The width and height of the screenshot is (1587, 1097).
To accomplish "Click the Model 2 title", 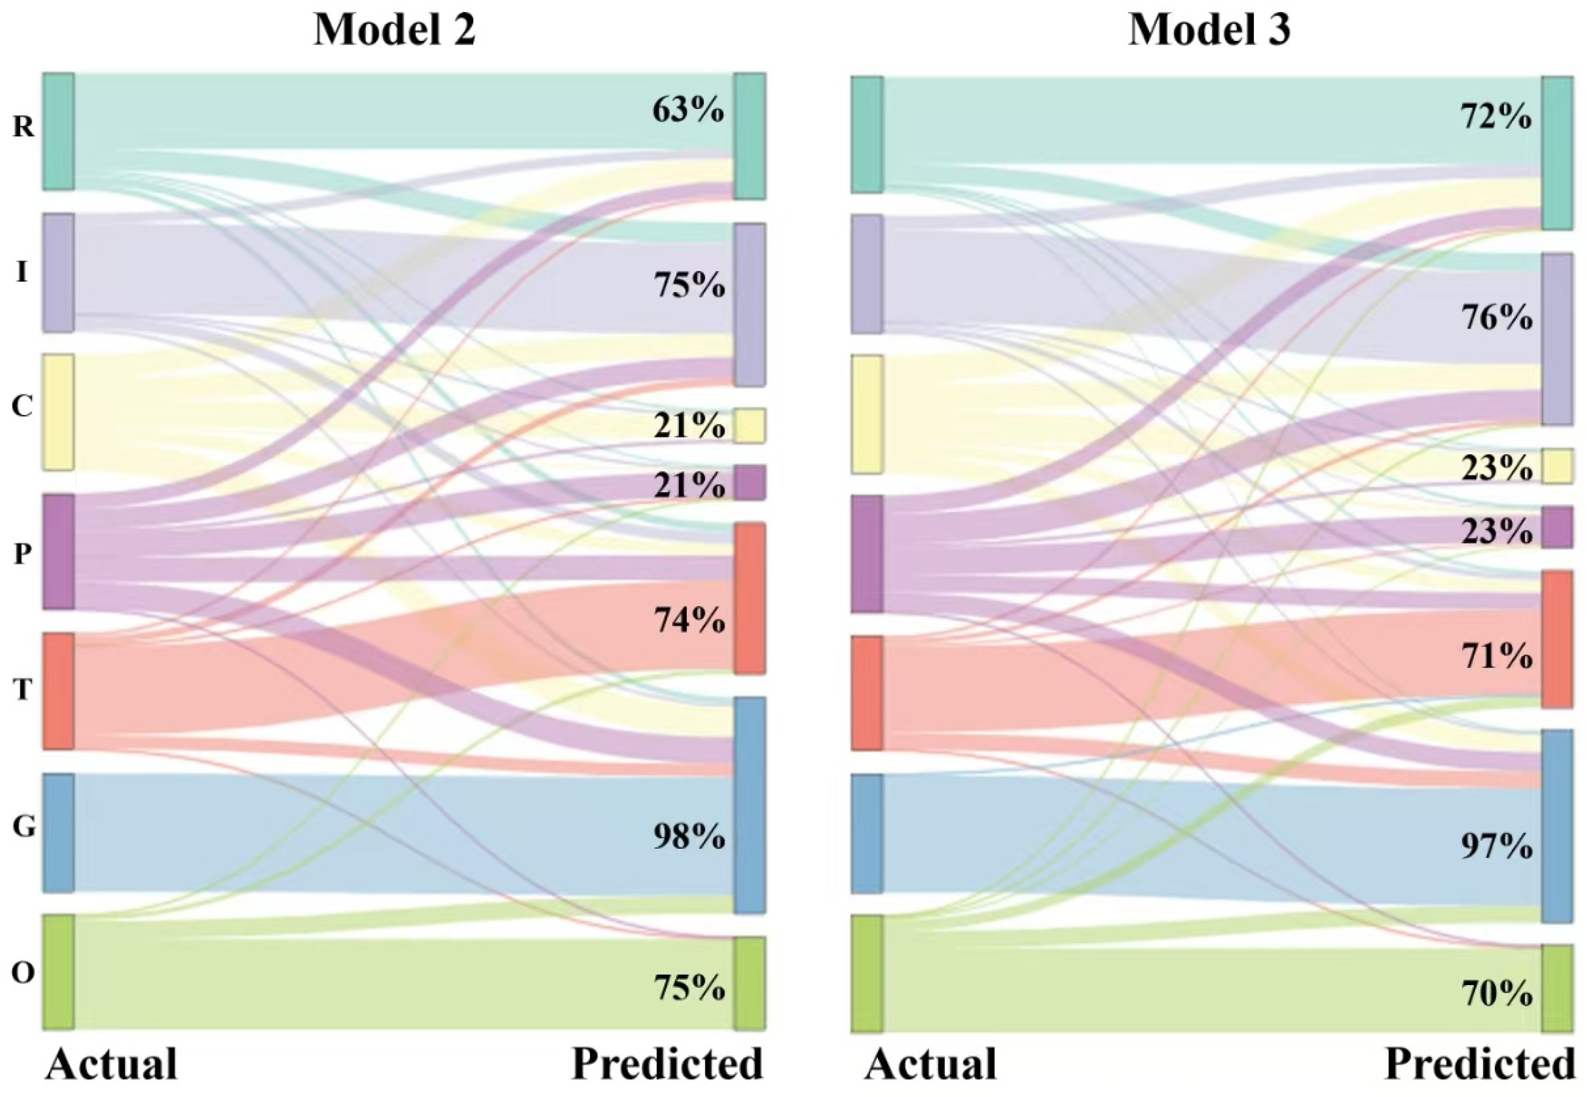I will pos(394,30).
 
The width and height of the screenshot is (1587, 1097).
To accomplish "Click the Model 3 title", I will pos(1209,30).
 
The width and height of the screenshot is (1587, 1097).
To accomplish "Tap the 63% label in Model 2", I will pos(688,110).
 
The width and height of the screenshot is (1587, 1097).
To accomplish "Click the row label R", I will pos(23,126).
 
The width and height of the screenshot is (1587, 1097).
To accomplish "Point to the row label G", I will pos(23,827).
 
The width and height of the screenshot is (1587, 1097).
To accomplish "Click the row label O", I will pos(23,973).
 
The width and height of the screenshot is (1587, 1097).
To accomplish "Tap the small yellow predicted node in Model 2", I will pos(749,425).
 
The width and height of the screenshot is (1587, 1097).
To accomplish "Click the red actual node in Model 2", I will pos(59,691).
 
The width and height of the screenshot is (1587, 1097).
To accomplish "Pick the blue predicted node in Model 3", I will pos(1557,826).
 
